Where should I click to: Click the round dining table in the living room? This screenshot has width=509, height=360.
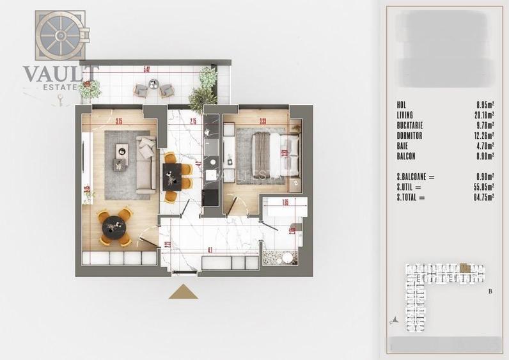tap(114, 226)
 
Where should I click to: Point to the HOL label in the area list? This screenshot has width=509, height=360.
tap(402, 104)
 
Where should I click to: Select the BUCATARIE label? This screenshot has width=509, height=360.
tap(410, 125)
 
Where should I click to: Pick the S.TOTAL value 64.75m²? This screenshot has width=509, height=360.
tap(484, 198)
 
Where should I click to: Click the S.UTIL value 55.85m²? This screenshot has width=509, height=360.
tap(484, 187)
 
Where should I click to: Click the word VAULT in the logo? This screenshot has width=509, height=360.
tap(61, 74)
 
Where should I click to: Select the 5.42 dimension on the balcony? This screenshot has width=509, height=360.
tap(146, 69)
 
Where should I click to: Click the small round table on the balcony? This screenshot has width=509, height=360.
tap(153, 84)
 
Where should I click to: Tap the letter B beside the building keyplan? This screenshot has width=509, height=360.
tap(490, 292)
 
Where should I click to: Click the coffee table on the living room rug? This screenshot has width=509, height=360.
tap(121, 152)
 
